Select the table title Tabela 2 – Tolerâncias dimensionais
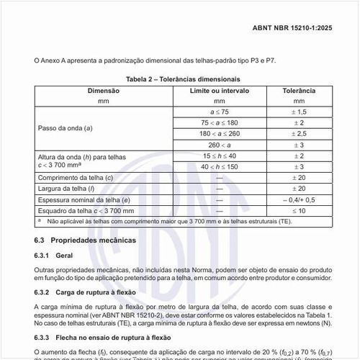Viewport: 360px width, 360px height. pyautogui.click(x=183, y=78)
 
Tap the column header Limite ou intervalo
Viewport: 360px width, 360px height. pyautogui.click(x=219, y=91)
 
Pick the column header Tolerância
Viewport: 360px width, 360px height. pyautogui.click(x=298, y=91)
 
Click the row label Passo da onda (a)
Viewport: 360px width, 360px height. pyautogui.click(x=65, y=128)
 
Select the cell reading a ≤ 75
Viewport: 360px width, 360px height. pyautogui.click(x=219, y=112)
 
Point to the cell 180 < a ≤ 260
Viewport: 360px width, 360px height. pyautogui.click(x=219, y=134)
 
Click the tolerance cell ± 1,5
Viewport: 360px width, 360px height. pyautogui.click(x=298, y=112)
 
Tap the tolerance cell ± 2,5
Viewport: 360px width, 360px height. pyautogui.click(x=298, y=134)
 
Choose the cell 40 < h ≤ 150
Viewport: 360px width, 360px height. pyautogui.click(x=219, y=166)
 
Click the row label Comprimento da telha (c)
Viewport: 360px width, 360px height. pyautogui.click(x=75, y=177)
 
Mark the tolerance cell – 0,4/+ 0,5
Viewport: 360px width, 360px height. pyautogui.click(x=298, y=199)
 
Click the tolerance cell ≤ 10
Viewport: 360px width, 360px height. pyautogui.click(x=298, y=210)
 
